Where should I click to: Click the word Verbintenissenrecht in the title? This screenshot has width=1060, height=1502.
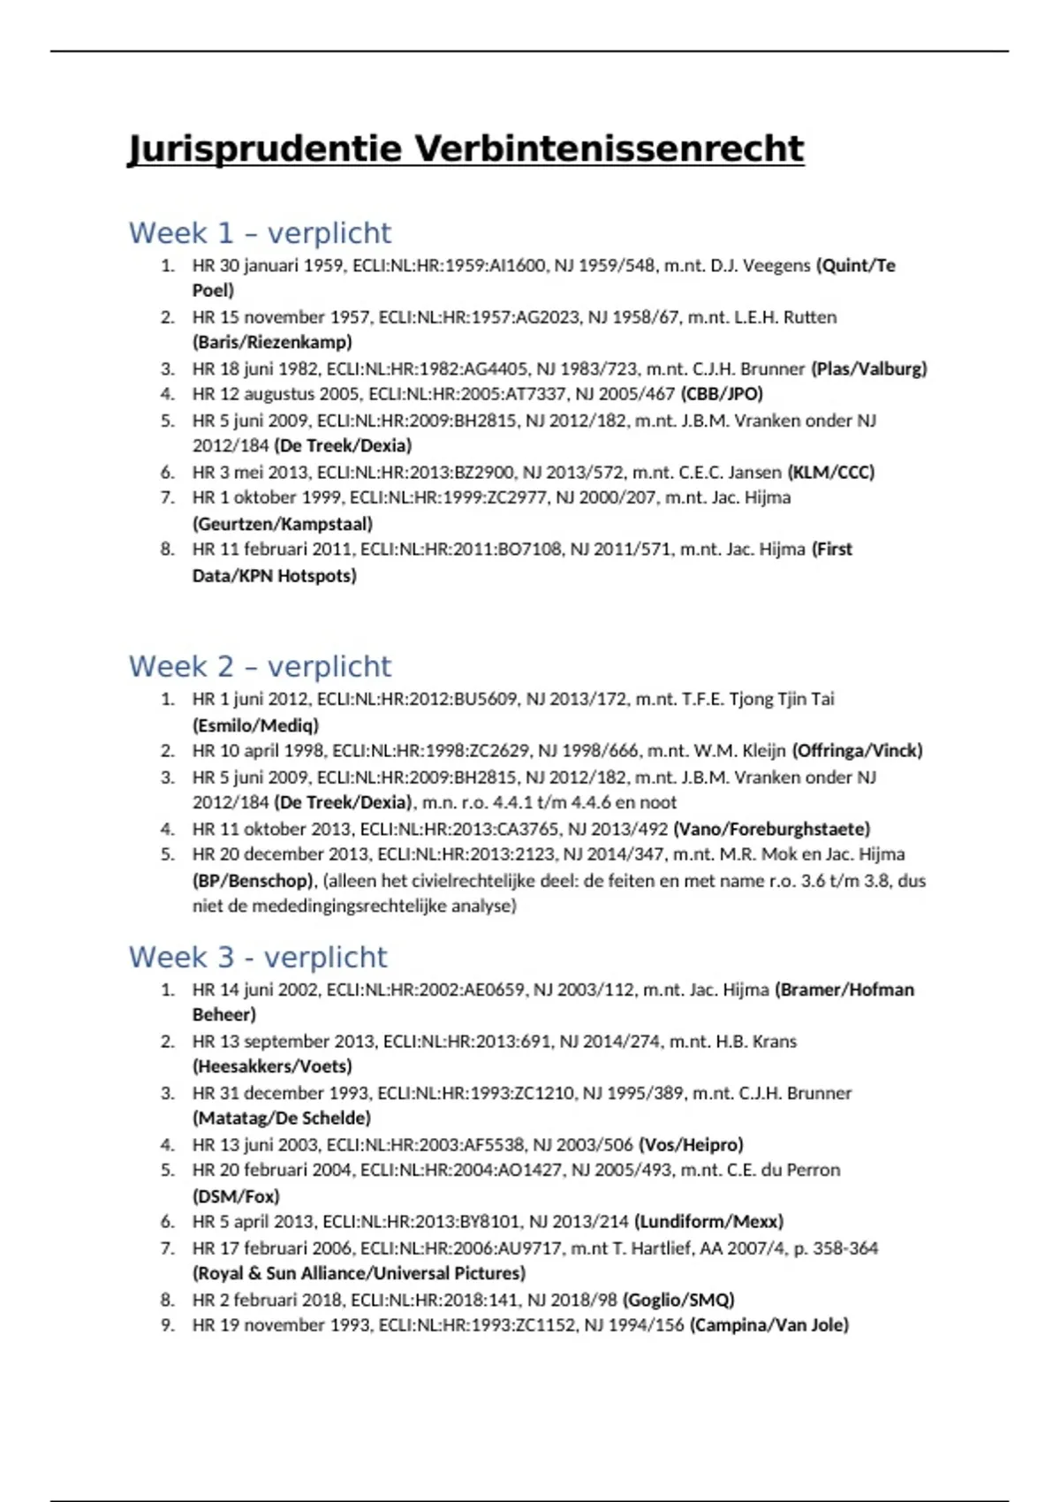coord(609,148)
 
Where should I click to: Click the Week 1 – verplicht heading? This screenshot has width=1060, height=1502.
coord(260,233)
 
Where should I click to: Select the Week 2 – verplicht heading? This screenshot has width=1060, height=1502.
coord(260,666)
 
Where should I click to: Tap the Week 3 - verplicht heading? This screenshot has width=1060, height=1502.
coord(258,957)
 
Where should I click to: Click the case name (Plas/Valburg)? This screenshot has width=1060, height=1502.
coord(869,368)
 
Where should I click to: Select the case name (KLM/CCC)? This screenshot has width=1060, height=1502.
coord(830,472)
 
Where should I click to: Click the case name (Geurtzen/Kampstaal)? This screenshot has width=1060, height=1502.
coord(283,524)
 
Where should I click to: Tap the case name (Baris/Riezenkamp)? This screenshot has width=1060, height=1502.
coord(272,342)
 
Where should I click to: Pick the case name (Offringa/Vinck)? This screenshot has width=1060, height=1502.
coord(857,750)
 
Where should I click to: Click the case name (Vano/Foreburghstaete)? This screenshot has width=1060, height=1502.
coord(771,829)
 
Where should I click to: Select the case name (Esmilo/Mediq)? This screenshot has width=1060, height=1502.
coord(255,725)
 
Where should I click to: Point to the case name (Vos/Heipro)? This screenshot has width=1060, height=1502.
coord(691,1144)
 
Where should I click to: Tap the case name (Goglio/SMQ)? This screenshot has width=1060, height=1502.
coord(678,1300)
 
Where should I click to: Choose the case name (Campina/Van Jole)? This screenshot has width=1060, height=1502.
coord(769,1324)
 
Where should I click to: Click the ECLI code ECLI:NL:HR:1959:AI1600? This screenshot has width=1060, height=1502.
coord(449,265)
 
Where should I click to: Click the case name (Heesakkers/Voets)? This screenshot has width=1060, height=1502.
coord(272,1066)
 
